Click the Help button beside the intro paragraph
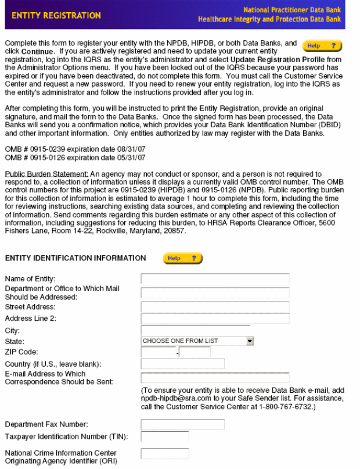322,45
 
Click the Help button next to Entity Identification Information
182,258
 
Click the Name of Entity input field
215,279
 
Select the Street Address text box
215,307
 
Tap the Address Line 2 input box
215,318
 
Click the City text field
195,330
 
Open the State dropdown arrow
250,341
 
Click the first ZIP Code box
158,352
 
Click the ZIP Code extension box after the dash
195,352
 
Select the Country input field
182,364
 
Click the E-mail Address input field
215,378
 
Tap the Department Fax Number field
182,425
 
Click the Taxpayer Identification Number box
165,436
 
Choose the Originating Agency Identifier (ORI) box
165,454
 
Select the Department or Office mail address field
215,293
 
